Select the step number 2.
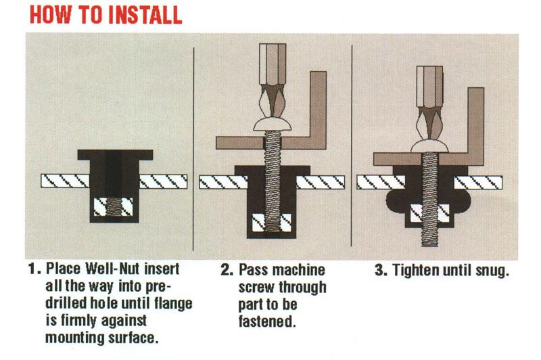click(227, 269)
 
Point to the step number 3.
click(381, 270)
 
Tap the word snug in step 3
click(492, 271)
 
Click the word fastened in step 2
click(267, 321)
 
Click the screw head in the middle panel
click(273, 125)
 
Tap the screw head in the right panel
click(429, 146)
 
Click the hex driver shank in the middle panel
click(273, 64)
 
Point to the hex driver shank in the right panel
click(429, 87)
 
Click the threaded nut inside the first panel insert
click(114, 207)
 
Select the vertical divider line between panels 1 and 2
click(193, 149)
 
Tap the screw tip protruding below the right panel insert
click(430, 237)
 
